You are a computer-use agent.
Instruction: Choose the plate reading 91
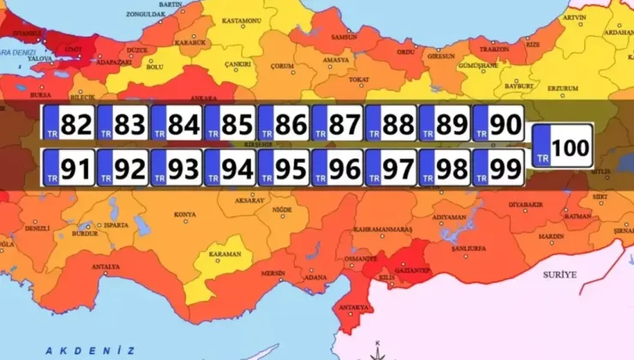[x=69, y=169]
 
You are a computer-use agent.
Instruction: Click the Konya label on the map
[x=184, y=214]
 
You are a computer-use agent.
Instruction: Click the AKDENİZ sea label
[x=90, y=351]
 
